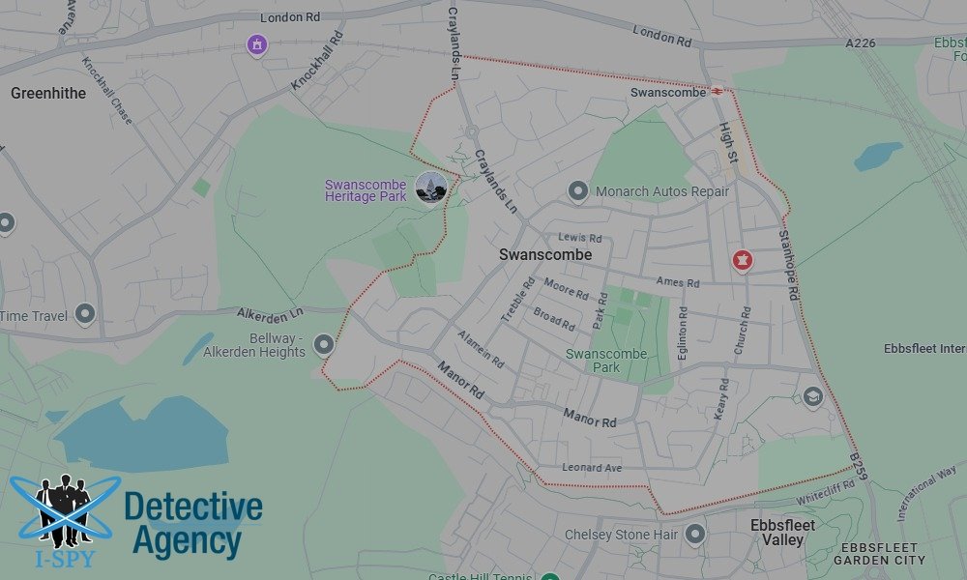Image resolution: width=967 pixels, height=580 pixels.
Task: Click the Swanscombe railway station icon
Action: [718, 92]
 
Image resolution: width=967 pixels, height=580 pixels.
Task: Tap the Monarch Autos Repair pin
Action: [578, 191]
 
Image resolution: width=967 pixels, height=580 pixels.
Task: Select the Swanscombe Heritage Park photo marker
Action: [430, 187]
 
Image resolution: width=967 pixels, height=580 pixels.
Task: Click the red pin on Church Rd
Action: [742, 259]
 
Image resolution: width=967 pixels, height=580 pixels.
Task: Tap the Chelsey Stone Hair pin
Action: [694, 534]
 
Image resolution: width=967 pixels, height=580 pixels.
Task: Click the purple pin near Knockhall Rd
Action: [256, 44]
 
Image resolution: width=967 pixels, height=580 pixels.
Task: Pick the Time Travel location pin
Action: [85, 313]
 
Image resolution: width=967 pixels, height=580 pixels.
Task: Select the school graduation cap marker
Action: [812, 396]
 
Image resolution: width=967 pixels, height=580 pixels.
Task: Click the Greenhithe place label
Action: [48, 94]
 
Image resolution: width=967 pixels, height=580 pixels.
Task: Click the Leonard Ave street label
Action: [593, 468]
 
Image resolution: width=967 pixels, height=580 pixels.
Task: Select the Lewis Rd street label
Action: [580, 238]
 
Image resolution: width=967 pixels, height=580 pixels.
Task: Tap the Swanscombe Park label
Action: [606, 361]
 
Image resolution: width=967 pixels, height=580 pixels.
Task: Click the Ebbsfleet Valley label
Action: [782, 533]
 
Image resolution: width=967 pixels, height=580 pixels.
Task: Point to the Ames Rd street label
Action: [677, 283]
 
